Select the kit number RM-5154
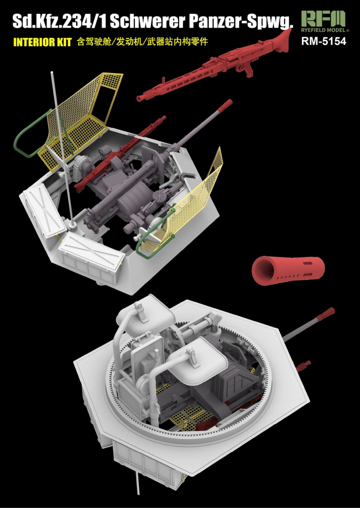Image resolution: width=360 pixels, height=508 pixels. [324, 41]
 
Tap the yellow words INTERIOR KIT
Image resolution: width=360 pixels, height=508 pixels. [42, 42]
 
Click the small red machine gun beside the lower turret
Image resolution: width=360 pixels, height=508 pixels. [304, 366]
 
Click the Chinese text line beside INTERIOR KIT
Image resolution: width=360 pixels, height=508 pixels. [142, 42]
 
